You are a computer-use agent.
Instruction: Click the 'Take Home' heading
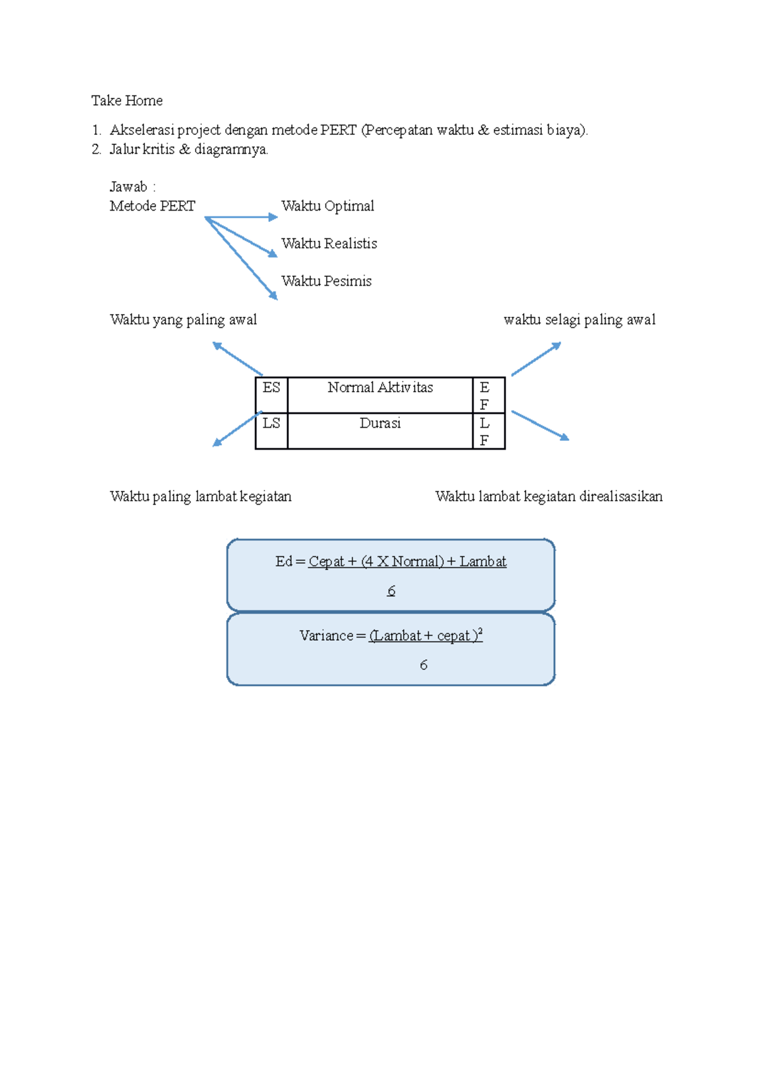pos(127,100)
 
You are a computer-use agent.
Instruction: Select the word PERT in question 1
pos(338,130)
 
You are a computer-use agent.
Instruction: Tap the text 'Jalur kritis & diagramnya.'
pos(189,149)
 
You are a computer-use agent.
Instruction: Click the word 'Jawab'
pos(128,187)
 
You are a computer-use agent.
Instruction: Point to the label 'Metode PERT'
pos(152,206)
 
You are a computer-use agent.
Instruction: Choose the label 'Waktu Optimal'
pos(327,206)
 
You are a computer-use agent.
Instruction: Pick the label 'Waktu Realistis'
pos(329,243)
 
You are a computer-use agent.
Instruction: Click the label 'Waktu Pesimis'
pos(326,281)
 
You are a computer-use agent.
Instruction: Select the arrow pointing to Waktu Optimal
pos(242,217)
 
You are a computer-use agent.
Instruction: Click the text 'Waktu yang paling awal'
pos(183,320)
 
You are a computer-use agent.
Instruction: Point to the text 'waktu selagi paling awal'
pos(579,320)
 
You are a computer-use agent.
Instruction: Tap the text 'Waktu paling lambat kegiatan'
pos(201,496)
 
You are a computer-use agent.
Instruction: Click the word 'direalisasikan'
pos(621,496)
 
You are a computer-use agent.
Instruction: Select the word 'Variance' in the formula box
pos(326,636)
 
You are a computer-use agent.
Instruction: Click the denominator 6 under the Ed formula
pos(391,591)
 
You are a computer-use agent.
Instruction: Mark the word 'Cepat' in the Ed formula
pos(326,561)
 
